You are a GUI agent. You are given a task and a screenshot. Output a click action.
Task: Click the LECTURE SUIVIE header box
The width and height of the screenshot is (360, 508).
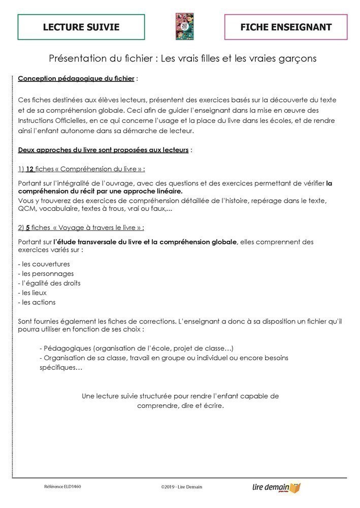[x=81, y=27]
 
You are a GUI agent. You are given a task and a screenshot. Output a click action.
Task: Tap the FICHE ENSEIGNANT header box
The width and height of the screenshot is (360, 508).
[x=286, y=27]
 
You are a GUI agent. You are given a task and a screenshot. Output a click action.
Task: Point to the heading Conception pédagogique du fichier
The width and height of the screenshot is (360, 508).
[x=76, y=79]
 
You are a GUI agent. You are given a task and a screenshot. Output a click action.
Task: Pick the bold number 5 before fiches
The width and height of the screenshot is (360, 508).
[x=28, y=227]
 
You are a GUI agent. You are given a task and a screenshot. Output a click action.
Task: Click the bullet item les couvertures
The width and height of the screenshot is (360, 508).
[x=44, y=264]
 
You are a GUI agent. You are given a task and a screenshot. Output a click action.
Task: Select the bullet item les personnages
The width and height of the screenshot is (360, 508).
[x=46, y=274]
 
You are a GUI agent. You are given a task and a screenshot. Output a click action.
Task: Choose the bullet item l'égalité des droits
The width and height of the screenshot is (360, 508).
[x=49, y=283]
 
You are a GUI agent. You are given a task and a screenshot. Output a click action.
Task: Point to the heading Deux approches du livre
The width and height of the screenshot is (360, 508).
[x=103, y=150]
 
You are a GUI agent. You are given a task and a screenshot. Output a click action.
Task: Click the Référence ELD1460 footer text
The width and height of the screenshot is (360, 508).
[x=62, y=486]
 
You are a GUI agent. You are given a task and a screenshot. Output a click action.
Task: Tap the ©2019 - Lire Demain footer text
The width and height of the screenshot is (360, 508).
[x=181, y=487]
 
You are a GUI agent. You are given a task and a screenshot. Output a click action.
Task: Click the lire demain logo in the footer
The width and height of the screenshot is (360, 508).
[x=276, y=487]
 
